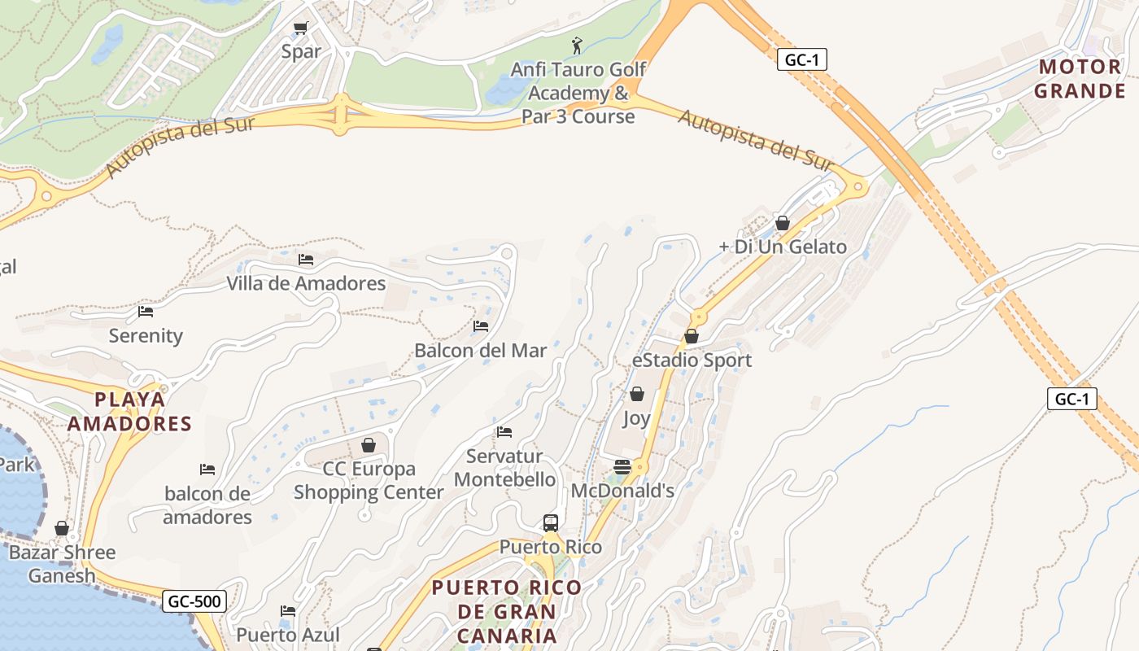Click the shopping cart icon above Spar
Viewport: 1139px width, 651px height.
click(x=300, y=28)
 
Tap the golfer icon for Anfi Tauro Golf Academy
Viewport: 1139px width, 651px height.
click(x=577, y=45)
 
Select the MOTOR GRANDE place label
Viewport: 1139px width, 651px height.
click(x=1080, y=79)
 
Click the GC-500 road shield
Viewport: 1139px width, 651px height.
click(x=194, y=601)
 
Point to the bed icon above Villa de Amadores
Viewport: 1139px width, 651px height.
click(x=306, y=260)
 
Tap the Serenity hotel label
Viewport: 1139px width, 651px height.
click(x=146, y=335)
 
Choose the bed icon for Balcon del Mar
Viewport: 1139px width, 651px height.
click(x=481, y=326)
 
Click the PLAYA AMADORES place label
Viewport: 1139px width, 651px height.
click(x=129, y=412)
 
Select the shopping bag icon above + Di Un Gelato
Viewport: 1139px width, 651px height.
click(x=783, y=223)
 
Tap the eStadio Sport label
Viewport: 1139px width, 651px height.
click(x=692, y=360)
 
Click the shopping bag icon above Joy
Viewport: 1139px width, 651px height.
click(x=636, y=395)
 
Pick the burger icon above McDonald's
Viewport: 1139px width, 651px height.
click(x=622, y=467)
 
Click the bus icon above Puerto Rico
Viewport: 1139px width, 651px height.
click(x=551, y=522)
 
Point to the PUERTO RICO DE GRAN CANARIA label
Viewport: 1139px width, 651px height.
click(x=506, y=611)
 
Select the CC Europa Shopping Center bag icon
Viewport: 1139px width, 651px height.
click(x=369, y=445)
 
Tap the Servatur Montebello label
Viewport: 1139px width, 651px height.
click(x=504, y=468)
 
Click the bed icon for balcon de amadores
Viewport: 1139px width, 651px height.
click(x=207, y=470)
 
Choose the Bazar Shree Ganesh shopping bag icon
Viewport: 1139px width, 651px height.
click(x=62, y=529)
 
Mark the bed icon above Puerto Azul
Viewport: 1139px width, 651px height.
click(x=287, y=611)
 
